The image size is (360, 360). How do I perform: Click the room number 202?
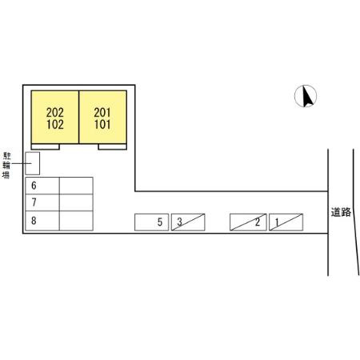pyautogui.click(x=55, y=113)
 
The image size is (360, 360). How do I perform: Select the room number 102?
pyautogui.click(x=55, y=125)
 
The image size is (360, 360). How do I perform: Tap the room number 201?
pyautogui.click(x=102, y=113)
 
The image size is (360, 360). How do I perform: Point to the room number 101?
pyautogui.click(x=102, y=125)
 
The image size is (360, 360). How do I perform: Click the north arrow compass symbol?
pyautogui.click(x=306, y=96)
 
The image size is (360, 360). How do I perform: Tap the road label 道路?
pyautogui.click(x=341, y=212)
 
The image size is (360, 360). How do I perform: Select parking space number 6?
pyautogui.click(x=42, y=186)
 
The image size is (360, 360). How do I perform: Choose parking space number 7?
pyautogui.click(x=42, y=202)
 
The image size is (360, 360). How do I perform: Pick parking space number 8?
pyautogui.click(x=42, y=221)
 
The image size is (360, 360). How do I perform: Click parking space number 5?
pyautogui.click(x=151, y=222)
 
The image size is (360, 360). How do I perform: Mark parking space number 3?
pyautogui.click(x=188, y=222)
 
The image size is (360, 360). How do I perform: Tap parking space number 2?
pyautogui.click(x=248, y=222)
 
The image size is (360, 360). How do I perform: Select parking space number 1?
pyautogui.click(x=286, y=222)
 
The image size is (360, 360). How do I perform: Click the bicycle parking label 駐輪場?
pyautogui.click(x=6, y=166)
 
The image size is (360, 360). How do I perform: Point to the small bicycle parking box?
pyautogui.click(x=33, y=163)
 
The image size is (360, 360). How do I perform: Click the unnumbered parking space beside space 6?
pyautogui.click(x=76, y=186)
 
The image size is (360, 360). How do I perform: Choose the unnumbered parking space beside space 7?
pyautogui.click(x=76, y=202)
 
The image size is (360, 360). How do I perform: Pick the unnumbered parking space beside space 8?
pyautogui.click(x=76, y=221)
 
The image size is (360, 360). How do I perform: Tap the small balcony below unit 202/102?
pyautogui.click(x=46, y=146)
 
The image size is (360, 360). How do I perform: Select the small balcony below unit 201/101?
pyautogui.click(x=112, y=146)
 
